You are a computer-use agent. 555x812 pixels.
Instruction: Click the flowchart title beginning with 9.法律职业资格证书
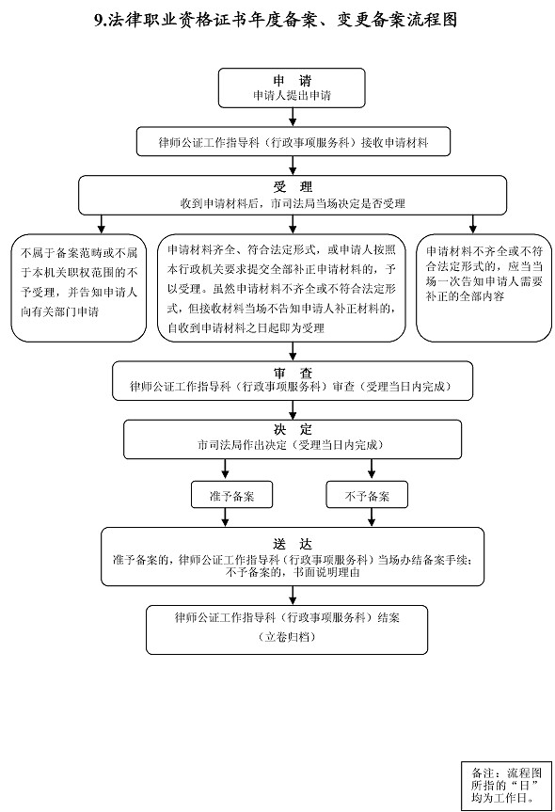pyautogui.click(x=276, y=20)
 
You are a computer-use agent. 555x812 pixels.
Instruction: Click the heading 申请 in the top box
pyautogui.click(x=292, y=81)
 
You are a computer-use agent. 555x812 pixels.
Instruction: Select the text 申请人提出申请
pyautogui.click(x=292, y=95)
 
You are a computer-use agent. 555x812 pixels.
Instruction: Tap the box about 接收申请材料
pyautogui.click(x=293, y=142)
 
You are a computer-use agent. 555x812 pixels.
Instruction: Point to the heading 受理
pyautogui.click(x=293, y=187)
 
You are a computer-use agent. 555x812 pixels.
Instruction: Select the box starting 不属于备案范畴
pyautogui.click(x=79, y=288)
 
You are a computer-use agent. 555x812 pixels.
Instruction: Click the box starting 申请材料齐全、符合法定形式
pyautogui.click(x=281, y=288)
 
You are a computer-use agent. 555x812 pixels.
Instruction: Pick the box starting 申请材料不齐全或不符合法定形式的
pyautogui.click(x=484, y=288)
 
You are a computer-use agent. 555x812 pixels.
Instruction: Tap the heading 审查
pyautogui.click(x=293, y=373)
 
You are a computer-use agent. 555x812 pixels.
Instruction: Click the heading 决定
pyautogui.click(x=293, y=430)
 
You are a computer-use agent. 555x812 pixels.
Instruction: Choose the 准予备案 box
pyautogui.click(x=231, y=496)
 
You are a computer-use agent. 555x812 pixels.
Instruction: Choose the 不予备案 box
pyautogui.click(x=367, y=496)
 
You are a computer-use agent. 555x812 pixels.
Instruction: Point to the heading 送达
pyautogui.click(x=293, y=544)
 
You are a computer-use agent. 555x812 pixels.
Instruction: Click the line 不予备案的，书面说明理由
pyautogui.click(x=293, y=573)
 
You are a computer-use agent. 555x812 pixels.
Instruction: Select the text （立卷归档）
pyautogui.click(x=286, y=638)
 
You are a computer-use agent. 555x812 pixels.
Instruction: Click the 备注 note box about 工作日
pyautogui.click(x=506, y=785)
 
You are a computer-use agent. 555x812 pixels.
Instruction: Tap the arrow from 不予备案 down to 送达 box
pyautogui.click(x=372, y=517)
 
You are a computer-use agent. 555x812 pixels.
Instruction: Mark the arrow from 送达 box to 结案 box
pyautogui.click(x=293, y=596)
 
